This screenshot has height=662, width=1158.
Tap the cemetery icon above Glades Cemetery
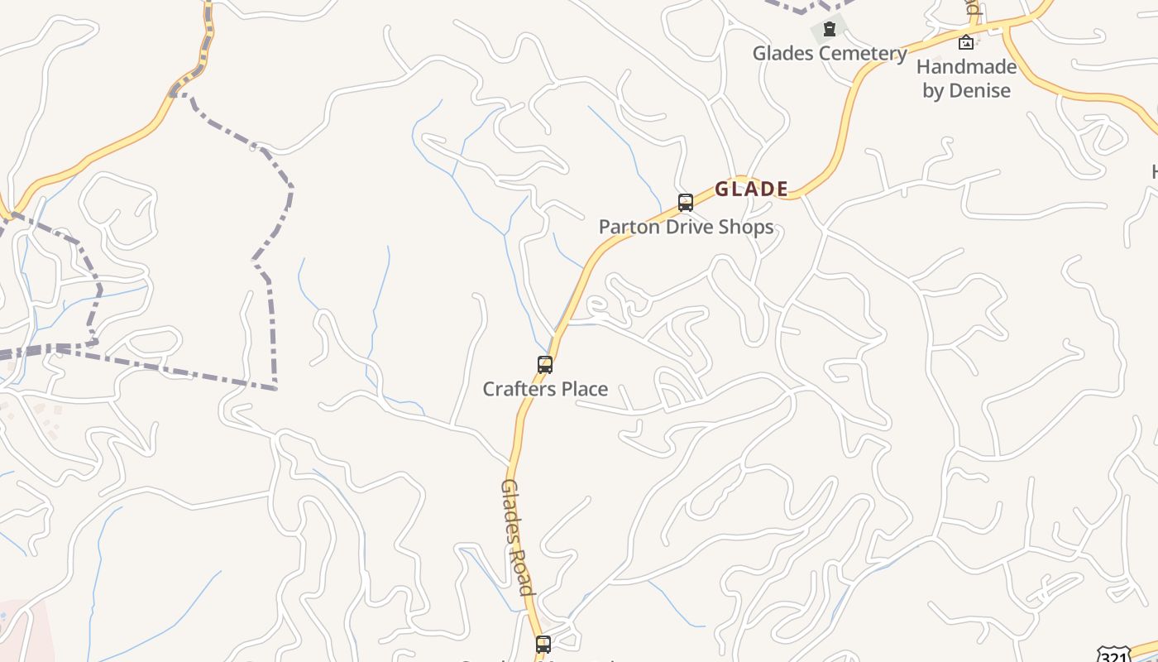[830, 30]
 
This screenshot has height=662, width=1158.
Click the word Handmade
[966, 67]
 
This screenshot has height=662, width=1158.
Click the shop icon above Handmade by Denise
[965, 42]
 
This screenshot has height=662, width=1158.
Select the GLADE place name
[751, 189]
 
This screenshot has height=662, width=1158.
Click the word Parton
[628, 227]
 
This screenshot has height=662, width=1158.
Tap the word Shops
[747, 227]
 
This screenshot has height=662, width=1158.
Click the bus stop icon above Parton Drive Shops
[685, 203]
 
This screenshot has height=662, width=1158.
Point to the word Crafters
[516, 389]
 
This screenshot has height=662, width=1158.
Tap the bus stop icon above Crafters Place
[544, 365]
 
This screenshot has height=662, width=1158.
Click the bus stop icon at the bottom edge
[543, 644]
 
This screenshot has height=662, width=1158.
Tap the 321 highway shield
[1114, 654]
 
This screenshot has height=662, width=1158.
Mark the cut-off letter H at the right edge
[1155, 172]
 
